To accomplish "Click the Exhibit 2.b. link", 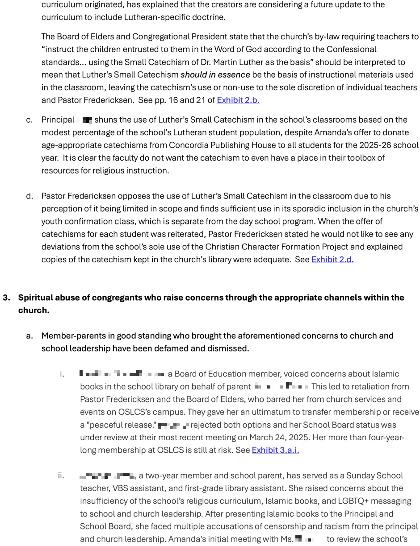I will coord(238,100).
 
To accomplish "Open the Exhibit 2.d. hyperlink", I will coord(332,259).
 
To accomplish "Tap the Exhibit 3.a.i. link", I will coord(275,450).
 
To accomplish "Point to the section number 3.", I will coord(6,298).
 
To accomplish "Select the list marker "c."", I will coord(29,120).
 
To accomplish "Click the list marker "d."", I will coord(29,196).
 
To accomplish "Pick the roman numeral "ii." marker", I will coord(61,476).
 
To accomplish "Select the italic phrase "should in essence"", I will coord(215,74).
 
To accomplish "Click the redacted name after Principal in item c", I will coord(85,120).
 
